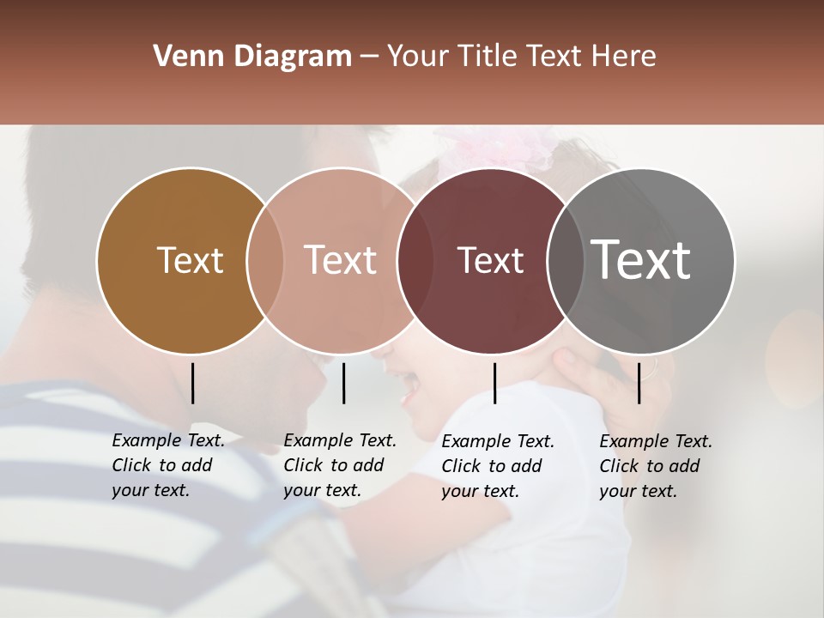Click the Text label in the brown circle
click(x=190, y=260)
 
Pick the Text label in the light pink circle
click(x=340, y=260)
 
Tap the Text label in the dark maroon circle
click(x=490, y=260)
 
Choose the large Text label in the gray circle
click(x=641, y=259)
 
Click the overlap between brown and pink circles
click(x=265, y=261)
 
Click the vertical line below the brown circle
click(x=192, y=383)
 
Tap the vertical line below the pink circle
click(x=343, y=383)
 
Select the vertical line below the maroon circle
click(x=494, y=383)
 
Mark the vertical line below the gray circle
click(x=639, y=383)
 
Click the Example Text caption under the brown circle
click(x=167, y=465)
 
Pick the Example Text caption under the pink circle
click(x=339, y=465)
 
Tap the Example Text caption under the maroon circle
click(x=497, y=466)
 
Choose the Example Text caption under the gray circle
click(x=655, y=466)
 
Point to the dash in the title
click(x=369, y=58)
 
